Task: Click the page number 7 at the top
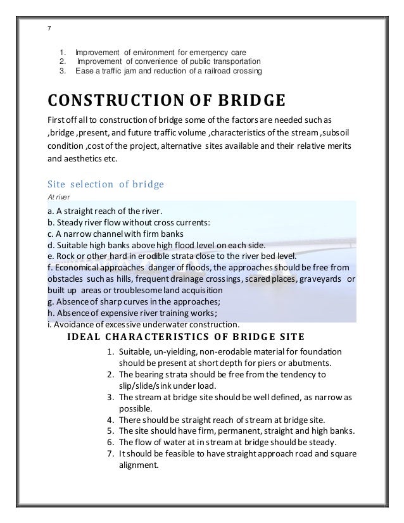pos(49,28)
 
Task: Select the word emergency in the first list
pos(199,52)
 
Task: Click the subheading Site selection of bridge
pos(106,184)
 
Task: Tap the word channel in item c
pos(118,234)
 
